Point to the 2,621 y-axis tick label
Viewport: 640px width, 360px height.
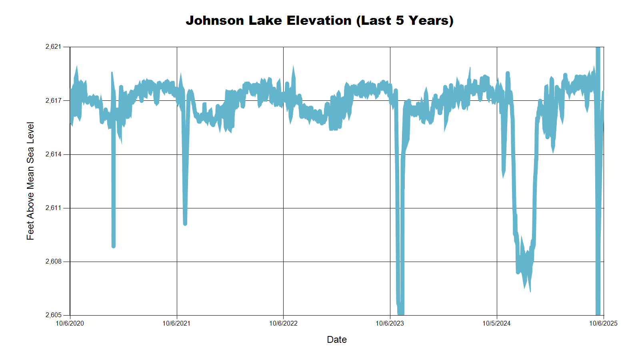(x=54, y=47)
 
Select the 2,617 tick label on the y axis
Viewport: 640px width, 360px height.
(x=54, y=100)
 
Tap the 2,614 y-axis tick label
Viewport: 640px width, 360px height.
(x=54, y=154)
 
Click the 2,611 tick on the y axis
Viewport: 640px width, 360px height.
(x=54, y=208)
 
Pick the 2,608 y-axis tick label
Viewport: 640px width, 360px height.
(x=54, y=262)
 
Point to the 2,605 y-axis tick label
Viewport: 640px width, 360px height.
(x=54, y=315)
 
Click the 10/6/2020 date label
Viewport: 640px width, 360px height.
(x=70, y=324)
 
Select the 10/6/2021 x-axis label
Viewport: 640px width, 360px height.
(x=176, y=324)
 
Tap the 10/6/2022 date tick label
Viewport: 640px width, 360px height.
(x=283, y=324)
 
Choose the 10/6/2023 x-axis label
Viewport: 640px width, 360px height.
(x=390, y=324)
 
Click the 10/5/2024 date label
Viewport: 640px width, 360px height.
(x=496, y=324)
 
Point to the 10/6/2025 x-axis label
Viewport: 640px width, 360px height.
(x=603, y=324)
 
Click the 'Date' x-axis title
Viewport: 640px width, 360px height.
(x=337, y=340)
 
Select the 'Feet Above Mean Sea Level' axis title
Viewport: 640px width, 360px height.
(x=30, y=181)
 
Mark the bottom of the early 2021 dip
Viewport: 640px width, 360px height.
(x=114, y=246)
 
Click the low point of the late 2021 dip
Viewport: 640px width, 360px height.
(x=185, y=223)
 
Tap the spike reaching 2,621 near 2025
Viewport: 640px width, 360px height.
(x=598, y=48)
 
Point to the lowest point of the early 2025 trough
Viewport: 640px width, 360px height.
(x=530, y=291)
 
